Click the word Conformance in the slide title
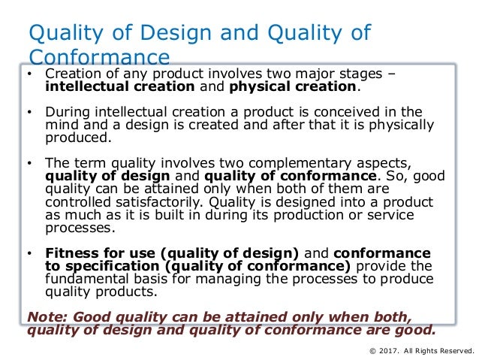[98, 57]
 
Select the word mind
[62, 126]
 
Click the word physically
[398, 126]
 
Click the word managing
[212, 279]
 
